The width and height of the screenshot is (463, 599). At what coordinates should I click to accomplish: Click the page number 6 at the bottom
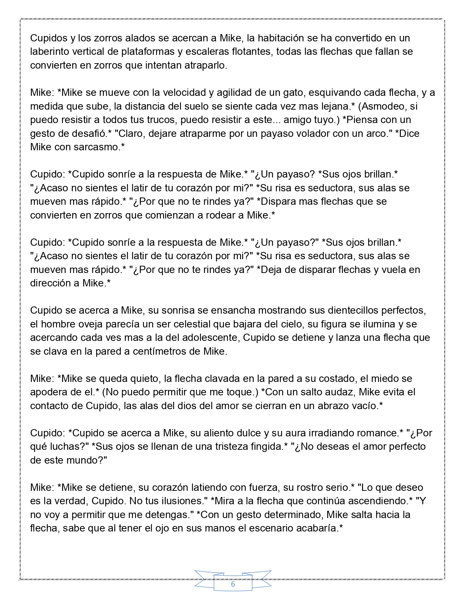click(x=233, y=584)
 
